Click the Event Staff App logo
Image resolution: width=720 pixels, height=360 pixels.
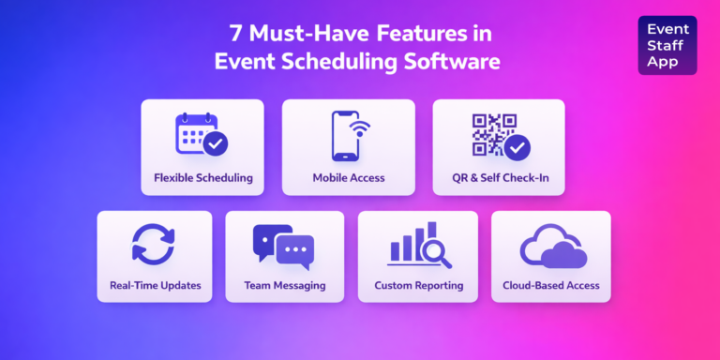pos(667,45)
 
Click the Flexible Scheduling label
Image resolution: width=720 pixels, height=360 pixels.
pos(203,176)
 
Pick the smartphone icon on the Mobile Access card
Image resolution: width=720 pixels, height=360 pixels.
pos(344,134)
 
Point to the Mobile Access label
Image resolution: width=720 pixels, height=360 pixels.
pos(348,176)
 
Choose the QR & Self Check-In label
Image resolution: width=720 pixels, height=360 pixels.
pos(498,176)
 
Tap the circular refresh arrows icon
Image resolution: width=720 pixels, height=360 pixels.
pos(152,244)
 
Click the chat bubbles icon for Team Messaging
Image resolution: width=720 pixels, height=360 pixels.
pos(283,247)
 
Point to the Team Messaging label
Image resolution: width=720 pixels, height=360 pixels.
pos(285,285)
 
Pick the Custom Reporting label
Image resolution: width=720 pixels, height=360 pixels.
pos(418,285)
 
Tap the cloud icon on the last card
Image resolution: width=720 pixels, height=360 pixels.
pos(553,248)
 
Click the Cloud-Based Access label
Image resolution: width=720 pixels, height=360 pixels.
pos(551,285)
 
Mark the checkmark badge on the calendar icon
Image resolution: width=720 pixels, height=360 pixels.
pos(216,143)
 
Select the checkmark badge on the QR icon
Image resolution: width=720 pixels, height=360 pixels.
pos(517,146)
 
